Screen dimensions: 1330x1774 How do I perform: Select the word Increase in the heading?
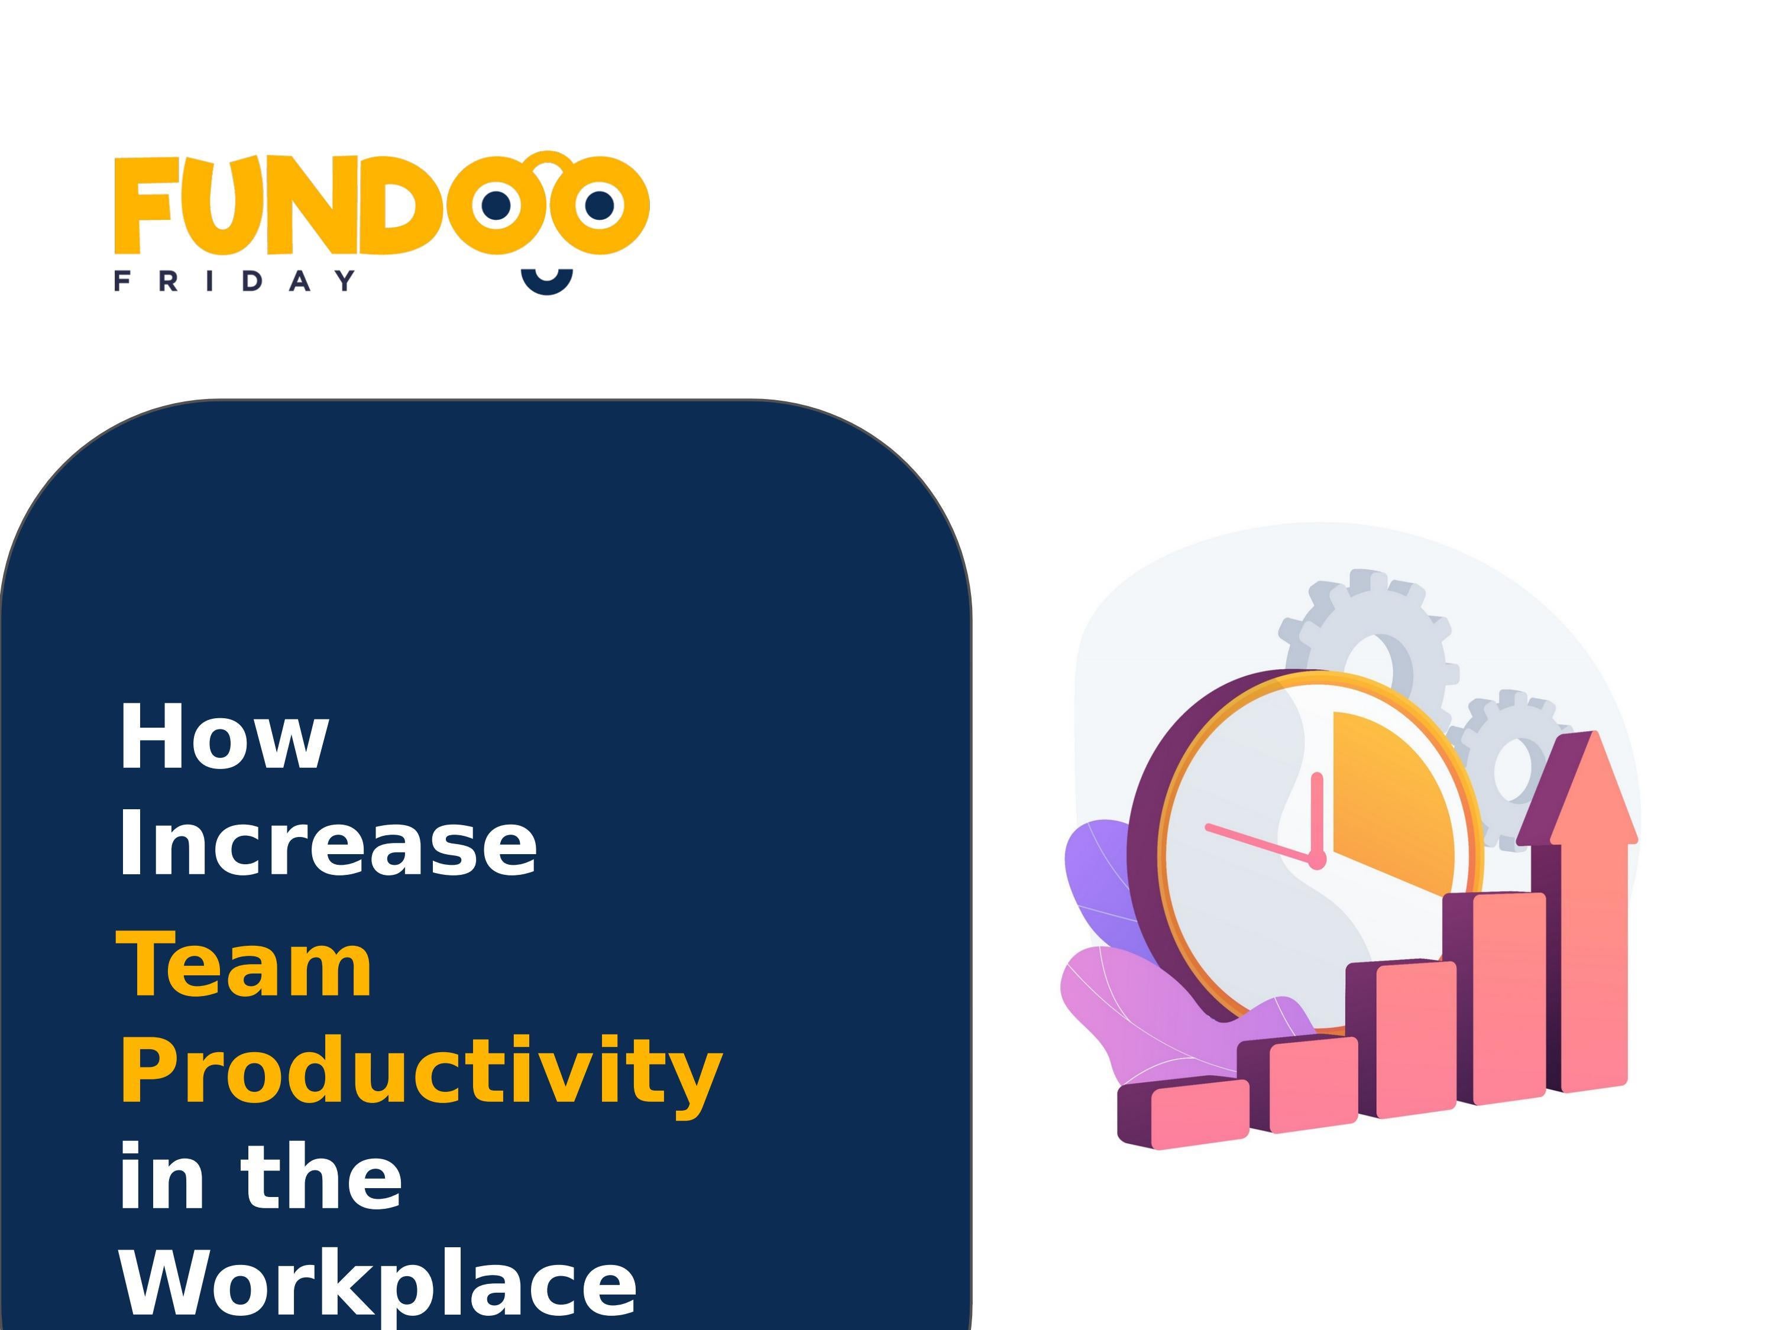pyautogui.click(x=327, y=844)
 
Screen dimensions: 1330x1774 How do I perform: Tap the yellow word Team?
pyautogui.click(x=245, y=965)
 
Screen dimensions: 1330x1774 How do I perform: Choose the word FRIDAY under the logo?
pyautogui.click(x=235, y=281)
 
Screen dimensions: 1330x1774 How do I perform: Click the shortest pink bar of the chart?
pyautogui.click(x=1199, y=1110)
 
